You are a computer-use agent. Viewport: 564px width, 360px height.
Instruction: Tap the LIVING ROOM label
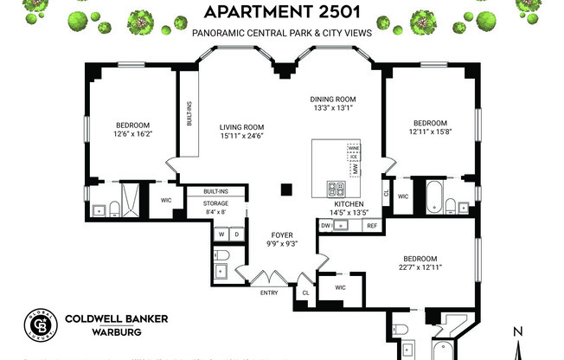[x=240, y=126]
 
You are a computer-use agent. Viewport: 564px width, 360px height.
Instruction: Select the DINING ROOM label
[x=333, y=99]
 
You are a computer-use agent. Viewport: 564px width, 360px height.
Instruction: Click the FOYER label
[x=258, y=235]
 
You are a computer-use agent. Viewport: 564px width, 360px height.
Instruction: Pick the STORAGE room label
[x=215, y=202]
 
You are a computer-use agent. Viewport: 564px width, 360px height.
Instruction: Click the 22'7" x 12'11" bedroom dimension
[x=420, y=268]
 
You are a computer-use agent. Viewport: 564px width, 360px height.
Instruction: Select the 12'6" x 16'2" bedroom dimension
[x=133, y=133]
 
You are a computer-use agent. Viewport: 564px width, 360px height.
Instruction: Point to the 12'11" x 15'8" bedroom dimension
[x=430, y=131]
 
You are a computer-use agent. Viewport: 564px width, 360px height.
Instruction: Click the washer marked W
[x=221, y=235]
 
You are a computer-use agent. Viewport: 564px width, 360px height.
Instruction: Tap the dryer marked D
[x=235, y=235]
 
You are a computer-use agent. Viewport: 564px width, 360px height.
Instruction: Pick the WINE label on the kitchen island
[x=353, y=148]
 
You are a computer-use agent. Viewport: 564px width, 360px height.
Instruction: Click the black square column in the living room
[x=285, y=190]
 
